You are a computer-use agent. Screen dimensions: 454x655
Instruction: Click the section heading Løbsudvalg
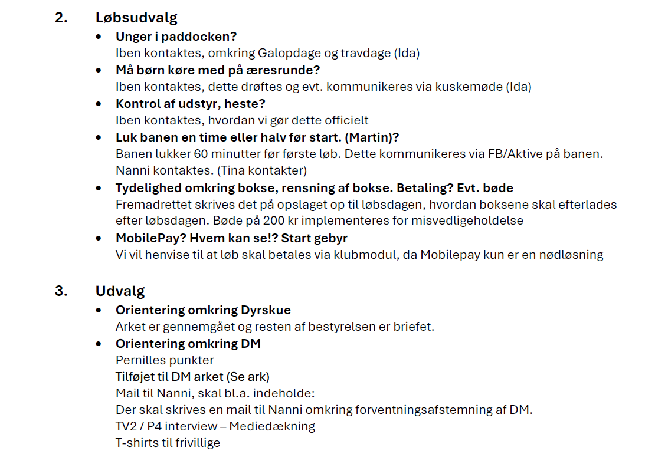136,18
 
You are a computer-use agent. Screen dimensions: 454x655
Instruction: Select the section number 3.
61,291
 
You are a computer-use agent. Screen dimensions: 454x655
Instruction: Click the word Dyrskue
266,310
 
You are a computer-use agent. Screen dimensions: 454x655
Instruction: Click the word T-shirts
138,442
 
